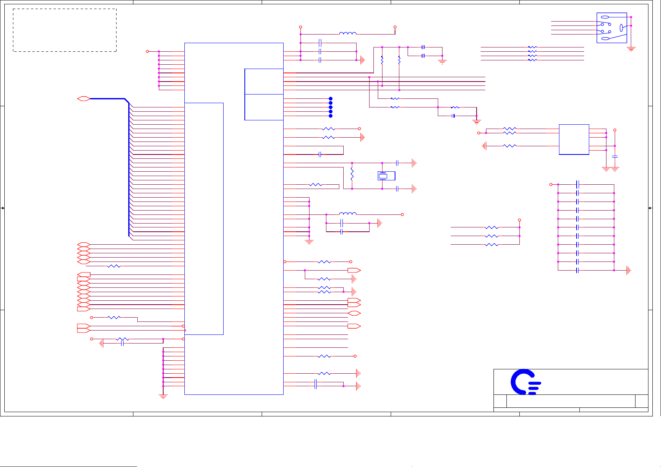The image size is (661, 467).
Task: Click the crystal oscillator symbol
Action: [383, 176]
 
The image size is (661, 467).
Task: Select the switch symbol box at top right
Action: [612, 28]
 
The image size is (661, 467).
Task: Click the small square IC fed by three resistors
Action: [574, 140]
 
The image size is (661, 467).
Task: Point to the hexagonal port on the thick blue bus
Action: [84, 99]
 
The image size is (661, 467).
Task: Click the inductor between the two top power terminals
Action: [348, 34]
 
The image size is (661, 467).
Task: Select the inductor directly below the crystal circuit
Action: [348, 214]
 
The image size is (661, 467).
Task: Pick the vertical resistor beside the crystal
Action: [352, 173]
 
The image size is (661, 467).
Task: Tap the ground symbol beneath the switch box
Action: [631, 49]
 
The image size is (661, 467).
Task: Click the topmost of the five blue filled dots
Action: [331, 99]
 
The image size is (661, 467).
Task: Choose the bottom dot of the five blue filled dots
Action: [331, 116]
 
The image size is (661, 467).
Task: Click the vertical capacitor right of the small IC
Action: [615, 156]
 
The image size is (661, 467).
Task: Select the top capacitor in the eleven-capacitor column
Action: [577, 184]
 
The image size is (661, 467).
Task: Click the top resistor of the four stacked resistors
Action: [532, 47]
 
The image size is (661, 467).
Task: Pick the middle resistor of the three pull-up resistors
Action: [492, 236]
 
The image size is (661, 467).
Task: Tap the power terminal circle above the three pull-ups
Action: [519, 220]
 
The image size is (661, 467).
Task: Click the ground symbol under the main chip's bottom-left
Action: [163, 396]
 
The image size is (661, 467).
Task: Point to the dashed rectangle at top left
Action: [65, 30]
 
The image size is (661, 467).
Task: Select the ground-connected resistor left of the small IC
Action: [510, 146]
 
